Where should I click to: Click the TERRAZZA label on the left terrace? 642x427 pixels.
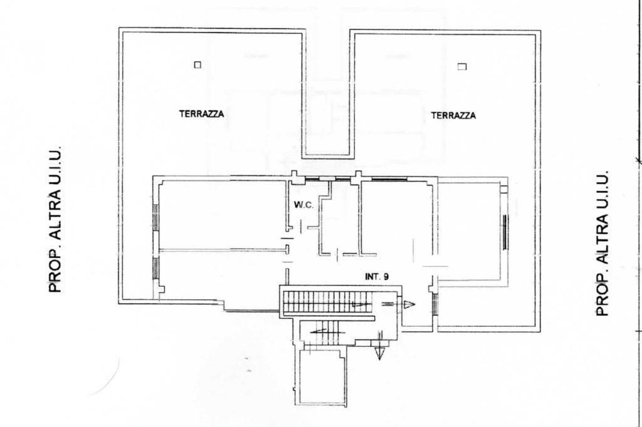[x=201, y=114]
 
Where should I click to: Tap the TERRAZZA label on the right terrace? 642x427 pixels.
[x=453, y=116]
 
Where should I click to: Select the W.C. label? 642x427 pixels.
[x=304, y=205]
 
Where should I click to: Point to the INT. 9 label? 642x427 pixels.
[x=377, y=277]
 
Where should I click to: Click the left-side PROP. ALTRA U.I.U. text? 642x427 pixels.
[x=55, y=219]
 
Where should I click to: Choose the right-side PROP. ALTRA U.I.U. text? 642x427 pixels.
[x=602, y=244]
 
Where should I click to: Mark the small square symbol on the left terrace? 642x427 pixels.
[x=197, y=64]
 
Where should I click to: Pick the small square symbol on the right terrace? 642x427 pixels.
[x=462, y=66]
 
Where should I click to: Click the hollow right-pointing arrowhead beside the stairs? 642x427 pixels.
[x=409, y=304]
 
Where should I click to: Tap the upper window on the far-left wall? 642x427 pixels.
[x=156, y=217]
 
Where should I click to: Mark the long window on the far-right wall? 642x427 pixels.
[x=505, y=232]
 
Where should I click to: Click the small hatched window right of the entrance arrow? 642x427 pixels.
[x=435, y=305]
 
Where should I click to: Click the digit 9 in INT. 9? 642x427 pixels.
[x=386, y=277]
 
